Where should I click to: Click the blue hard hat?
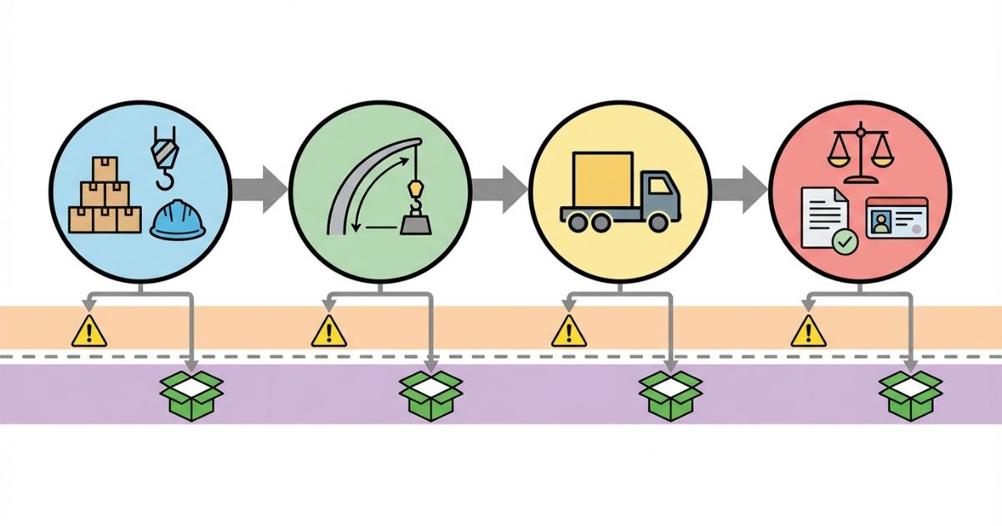tap(178, 220)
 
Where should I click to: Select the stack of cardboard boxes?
tap(104, 198)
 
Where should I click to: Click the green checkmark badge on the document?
tap(846, 242)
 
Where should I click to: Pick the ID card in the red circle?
tap(897, 219)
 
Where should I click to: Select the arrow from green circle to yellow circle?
tap(498, 185)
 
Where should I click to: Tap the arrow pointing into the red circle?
tap(739, 185)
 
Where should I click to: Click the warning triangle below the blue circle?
tap(89, 332)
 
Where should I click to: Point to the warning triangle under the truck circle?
tap(569, 332)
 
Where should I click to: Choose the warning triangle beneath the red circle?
tap(808, 332)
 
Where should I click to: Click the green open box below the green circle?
tap(431, 394)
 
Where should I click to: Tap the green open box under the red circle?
tap(910, 394)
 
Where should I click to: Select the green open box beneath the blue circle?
tap(191, 394)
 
